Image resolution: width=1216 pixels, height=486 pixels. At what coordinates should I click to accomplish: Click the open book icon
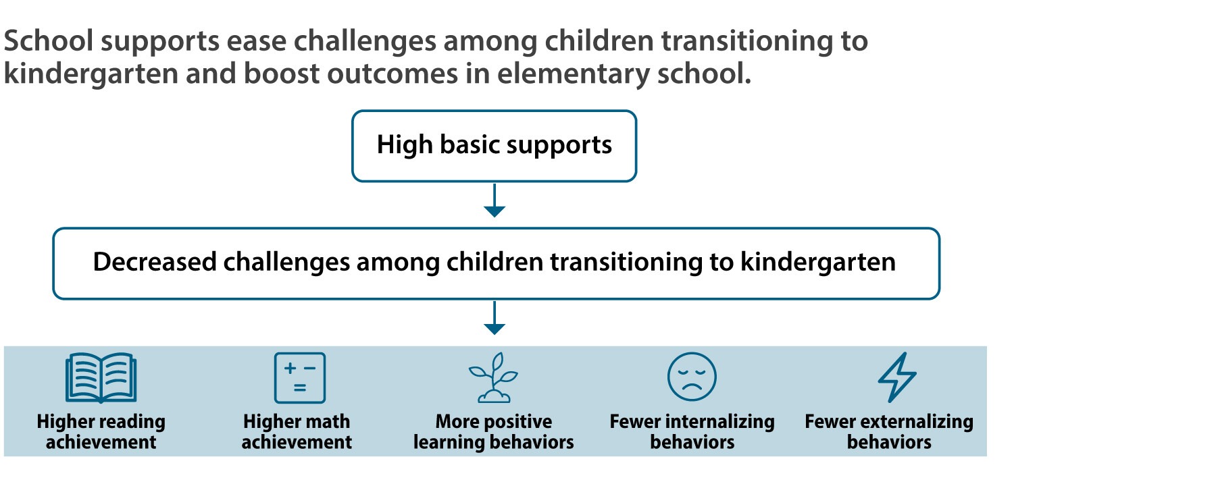point(101,378)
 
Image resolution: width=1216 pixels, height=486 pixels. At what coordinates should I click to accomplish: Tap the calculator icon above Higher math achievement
point(299,378)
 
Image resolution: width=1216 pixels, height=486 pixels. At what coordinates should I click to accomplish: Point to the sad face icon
point(692,377)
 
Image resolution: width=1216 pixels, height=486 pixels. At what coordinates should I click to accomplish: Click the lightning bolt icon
point(897,377)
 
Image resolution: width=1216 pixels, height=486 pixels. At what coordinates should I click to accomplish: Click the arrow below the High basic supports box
point(495,200)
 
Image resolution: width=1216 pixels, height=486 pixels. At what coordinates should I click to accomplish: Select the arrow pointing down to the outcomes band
point(495,318)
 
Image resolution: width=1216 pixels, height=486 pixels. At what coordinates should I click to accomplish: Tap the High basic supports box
point(494,146)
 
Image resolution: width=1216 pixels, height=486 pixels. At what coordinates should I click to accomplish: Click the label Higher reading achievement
point(101,431)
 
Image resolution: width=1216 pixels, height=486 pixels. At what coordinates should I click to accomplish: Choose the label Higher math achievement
point(297,431)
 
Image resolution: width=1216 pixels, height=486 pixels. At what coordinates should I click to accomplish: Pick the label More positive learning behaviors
point(494,431)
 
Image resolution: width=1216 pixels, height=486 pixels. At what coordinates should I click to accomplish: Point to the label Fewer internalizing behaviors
point(692,431)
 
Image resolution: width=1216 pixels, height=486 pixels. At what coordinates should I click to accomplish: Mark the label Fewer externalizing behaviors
point(889,431)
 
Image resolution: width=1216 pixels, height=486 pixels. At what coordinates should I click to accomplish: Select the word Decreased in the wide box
point(154,262)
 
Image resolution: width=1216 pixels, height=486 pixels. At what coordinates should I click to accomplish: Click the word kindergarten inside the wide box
point(818,263)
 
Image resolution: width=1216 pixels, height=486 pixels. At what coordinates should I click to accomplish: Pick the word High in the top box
point(405,145)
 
